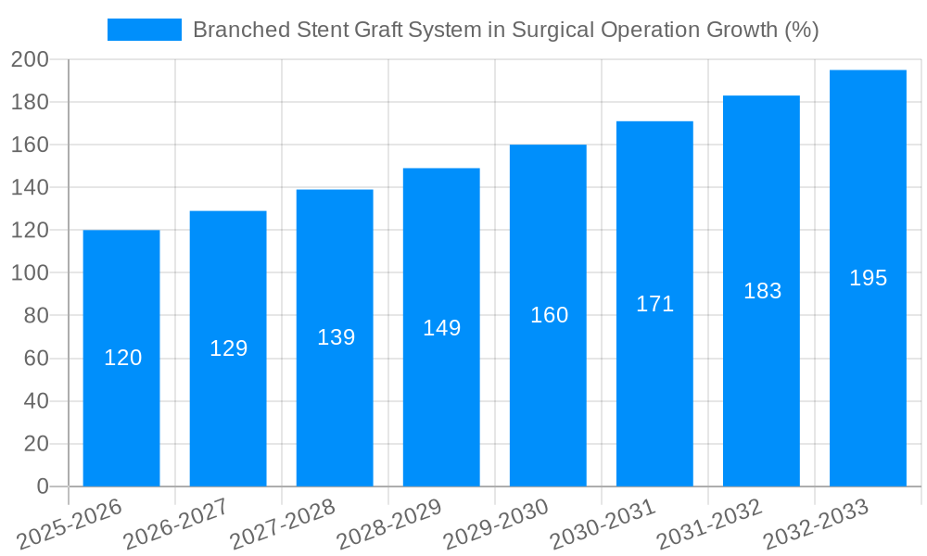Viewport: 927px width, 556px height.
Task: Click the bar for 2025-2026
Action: [121, 408]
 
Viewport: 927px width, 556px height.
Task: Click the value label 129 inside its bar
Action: [228, 348]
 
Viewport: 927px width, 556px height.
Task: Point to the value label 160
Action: [549, 315]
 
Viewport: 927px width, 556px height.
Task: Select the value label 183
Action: [762, 291]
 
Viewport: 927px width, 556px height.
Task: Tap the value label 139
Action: [336, 337]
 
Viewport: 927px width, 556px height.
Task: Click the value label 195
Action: [868, 278]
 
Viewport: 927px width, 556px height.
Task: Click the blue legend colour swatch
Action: [145, 30]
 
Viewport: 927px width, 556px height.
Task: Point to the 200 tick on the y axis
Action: [30, 60]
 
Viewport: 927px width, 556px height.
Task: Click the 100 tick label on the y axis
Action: [30, 273]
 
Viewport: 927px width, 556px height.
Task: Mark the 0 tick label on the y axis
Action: [42, 486]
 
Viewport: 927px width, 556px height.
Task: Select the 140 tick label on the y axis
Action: [30, 188]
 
